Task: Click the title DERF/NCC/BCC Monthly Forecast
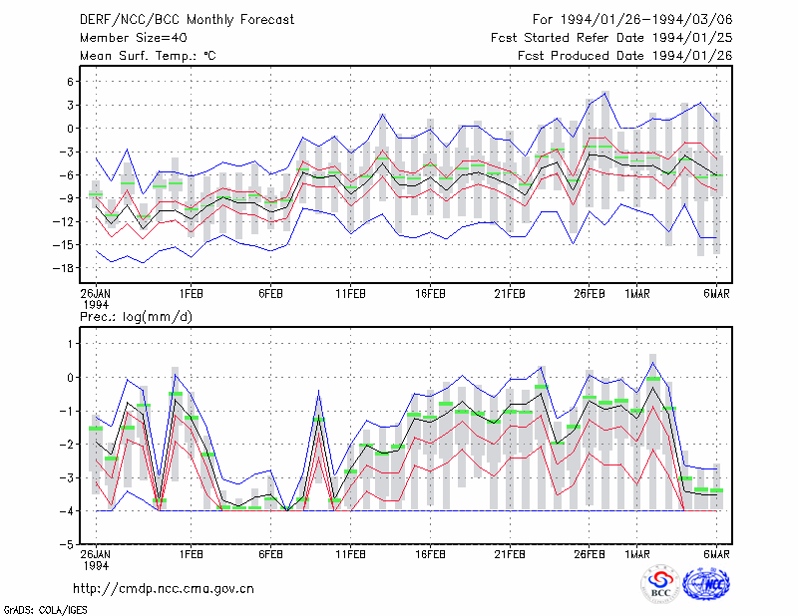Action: click(x=187, y=20)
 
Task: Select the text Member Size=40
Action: click(x=134, y=38)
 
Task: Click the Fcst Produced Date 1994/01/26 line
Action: click(x=625, y=56)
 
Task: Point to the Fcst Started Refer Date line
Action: click(x=611, y=38)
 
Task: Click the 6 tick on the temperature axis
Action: click(x=70, y=82)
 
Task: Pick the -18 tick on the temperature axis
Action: click(x=64, y=268)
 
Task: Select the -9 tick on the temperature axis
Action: click(x=66, y=198)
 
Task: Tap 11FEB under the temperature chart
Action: click(x=350, y=294)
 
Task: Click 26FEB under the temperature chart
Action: click(x=590, y=294)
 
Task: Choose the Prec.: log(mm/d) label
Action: click(x=136, y=317)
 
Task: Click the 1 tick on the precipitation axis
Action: click(x=71, y=344)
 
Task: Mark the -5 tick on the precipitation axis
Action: click(x=67, y=544)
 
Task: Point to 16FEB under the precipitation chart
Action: click(x=430, y=554)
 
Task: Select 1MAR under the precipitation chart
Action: click(x=637, y=554)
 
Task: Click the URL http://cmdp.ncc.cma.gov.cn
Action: click(x=164, y=589)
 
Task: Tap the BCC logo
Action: click(x=660, y=584)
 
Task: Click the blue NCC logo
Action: click(x=706, y=584)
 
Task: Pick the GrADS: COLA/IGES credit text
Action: click(x=45, y=610)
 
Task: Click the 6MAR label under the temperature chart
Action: click(x=716, y=294)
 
